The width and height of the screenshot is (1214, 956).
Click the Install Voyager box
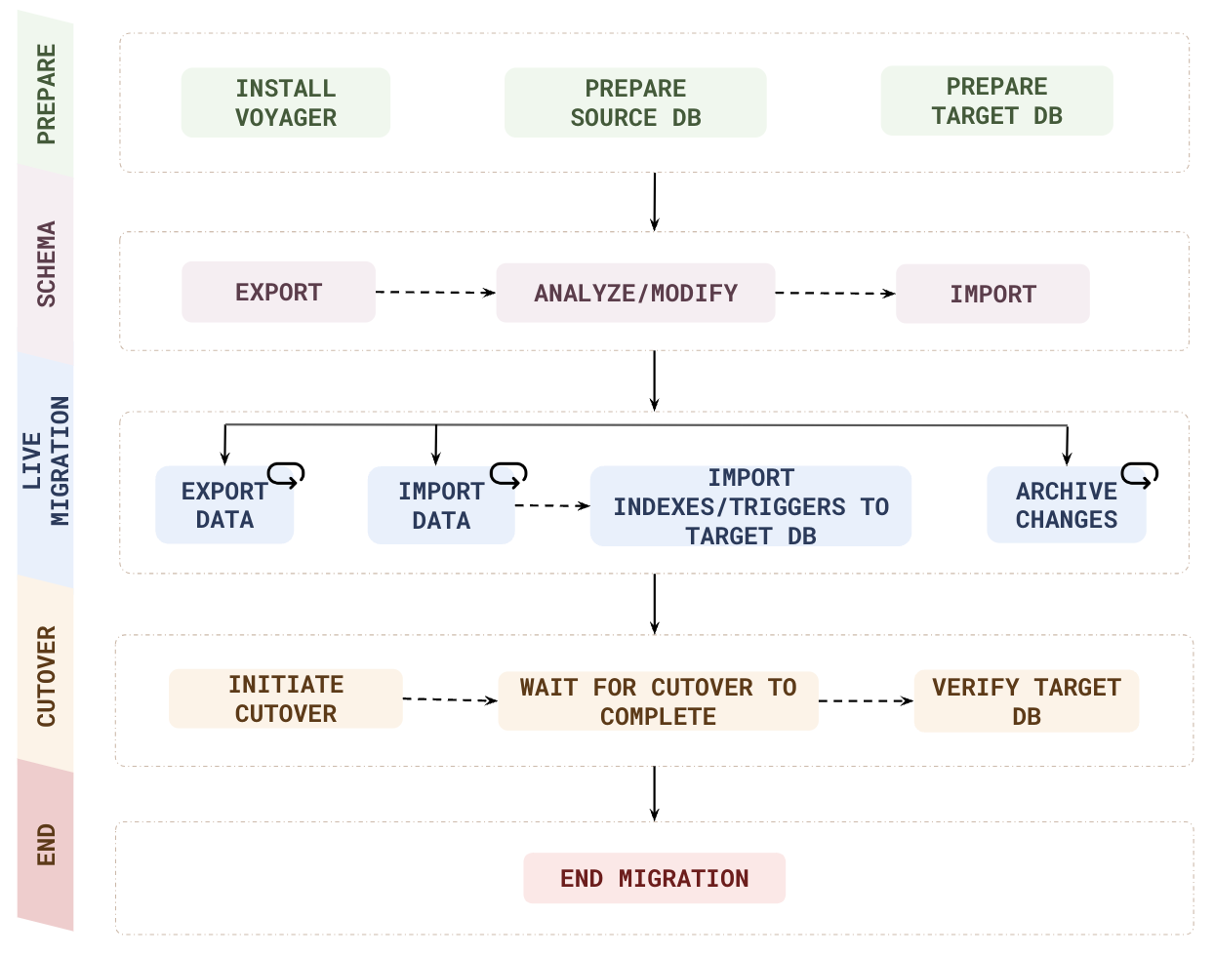285,102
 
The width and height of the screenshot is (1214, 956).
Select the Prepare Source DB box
635,102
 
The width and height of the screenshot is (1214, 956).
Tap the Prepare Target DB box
996,100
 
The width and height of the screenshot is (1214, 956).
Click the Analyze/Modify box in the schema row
635,293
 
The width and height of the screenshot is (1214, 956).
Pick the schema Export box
278,292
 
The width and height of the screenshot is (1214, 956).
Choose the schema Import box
992,294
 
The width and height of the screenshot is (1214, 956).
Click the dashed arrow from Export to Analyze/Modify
435,292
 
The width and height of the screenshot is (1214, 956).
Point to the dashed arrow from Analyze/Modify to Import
834,293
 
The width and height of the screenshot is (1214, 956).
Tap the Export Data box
224,505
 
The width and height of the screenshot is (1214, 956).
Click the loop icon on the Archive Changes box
1139,474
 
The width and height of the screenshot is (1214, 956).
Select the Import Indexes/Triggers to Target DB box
750,506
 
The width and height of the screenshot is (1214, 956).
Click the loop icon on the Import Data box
508,474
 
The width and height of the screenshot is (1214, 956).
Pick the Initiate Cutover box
285,698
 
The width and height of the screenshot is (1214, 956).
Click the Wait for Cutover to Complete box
658,701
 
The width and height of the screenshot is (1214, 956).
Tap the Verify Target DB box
1026,701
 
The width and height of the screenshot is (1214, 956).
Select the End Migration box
654,878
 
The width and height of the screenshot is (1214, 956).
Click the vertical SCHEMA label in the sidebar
46,263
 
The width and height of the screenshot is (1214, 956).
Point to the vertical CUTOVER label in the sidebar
46,676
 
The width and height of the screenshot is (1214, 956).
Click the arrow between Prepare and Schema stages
654,202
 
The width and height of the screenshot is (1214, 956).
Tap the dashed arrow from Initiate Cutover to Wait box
450,699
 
